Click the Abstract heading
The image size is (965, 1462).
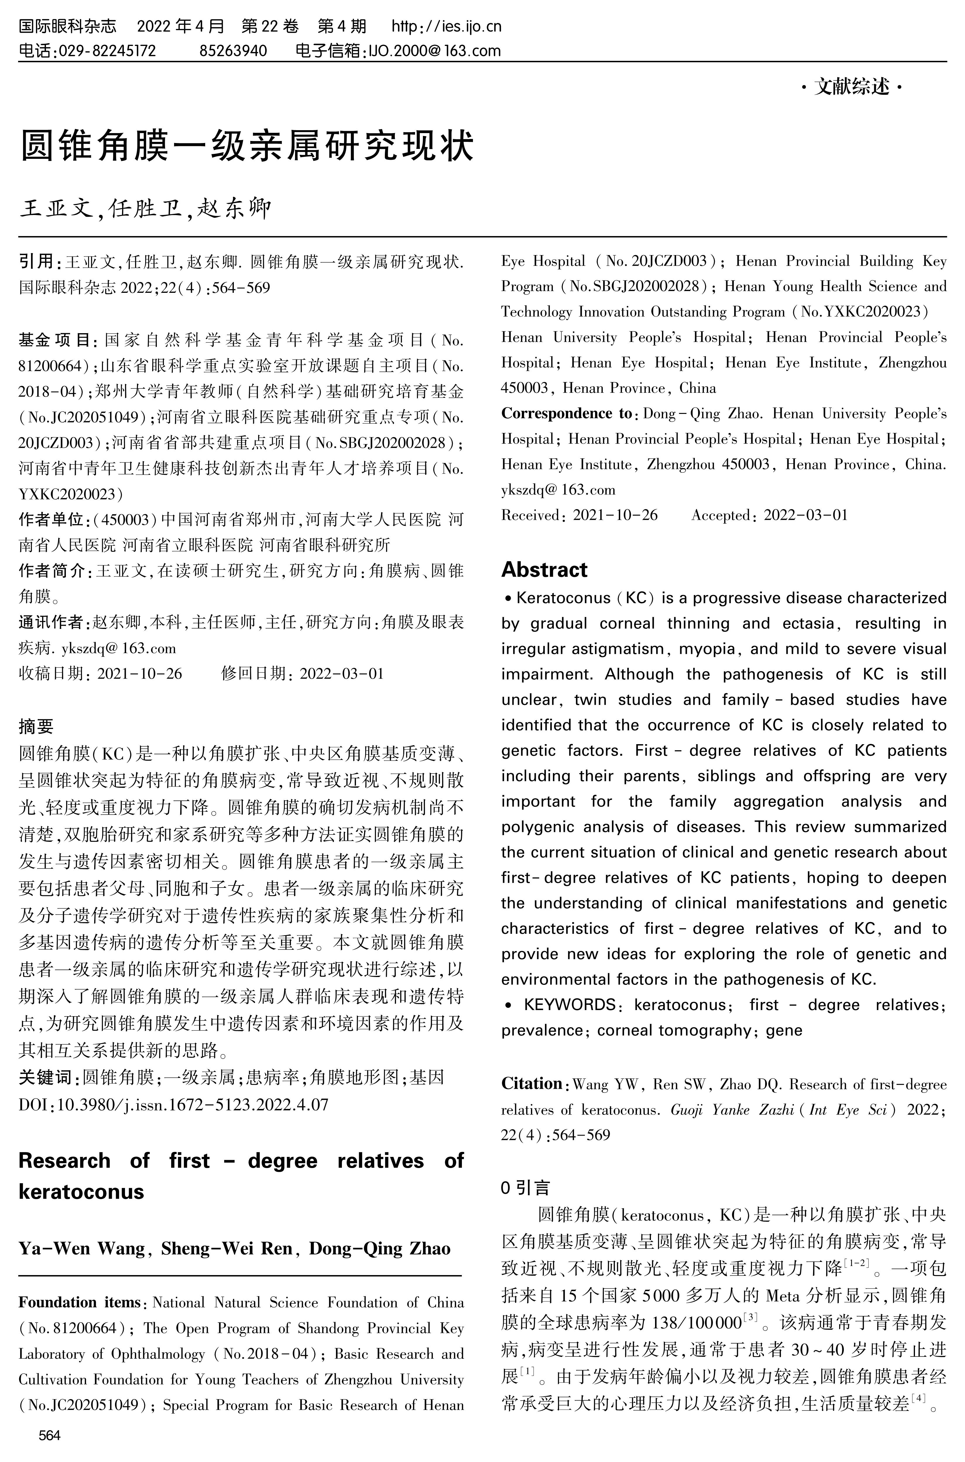click(544, 570)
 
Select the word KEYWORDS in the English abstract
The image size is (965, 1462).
click(570, 1005)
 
